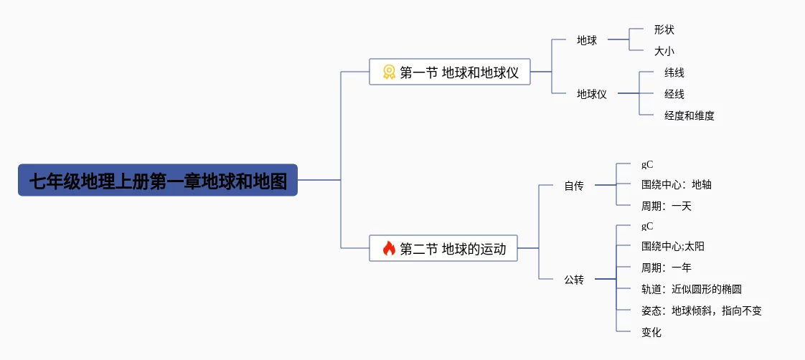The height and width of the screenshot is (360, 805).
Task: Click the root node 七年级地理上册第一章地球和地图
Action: click(158, 181)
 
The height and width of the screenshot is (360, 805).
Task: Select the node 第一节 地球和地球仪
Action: click(450, 72)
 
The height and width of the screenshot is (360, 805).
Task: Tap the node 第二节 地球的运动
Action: click(443, 249)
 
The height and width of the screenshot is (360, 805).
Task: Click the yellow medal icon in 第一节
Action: click(389, 72)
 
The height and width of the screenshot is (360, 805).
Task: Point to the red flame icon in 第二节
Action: click(389, 249)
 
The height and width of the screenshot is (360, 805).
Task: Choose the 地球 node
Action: click(587, 40)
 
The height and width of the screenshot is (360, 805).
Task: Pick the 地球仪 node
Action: click(592, 94)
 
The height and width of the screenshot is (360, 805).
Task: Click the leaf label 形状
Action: click(664, 30)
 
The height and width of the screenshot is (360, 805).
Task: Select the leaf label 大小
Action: click(664, 52)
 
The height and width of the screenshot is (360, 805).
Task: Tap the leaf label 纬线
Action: click(674, 72)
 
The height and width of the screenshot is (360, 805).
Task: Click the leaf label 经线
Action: click(674, 94)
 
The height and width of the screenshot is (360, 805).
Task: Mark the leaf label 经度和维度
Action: click(689, 115)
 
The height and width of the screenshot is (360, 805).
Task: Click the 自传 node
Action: click(574, 186)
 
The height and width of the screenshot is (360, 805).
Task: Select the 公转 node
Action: click(574, 280)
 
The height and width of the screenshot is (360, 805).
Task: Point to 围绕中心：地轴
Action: click(676, 185)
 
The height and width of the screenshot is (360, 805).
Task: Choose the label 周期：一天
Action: click(666, 207)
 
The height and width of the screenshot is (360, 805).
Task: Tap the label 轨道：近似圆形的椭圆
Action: click(691, 290)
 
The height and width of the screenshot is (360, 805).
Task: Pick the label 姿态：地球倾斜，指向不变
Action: click(701, 311)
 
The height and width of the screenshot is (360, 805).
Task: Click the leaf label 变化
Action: click(651, 332)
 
